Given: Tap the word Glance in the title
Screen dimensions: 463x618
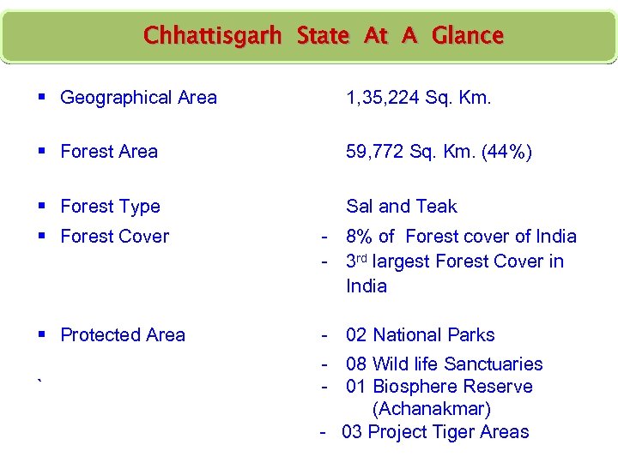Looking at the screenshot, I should pyautogui.click(x=467, y=36).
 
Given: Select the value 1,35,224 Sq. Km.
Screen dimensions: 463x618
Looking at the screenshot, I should pyautogui.click(x=418, y=98).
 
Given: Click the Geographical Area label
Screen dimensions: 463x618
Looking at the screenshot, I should pyautogui.click(x=138, y=98).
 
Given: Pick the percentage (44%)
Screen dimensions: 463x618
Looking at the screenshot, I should pyautogui.click(x=506, y=153).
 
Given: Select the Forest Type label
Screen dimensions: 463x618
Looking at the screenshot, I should pyautogui.click(x=110, y=207).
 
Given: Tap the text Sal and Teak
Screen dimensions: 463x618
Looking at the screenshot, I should pyautogui.click(x=401, y=207).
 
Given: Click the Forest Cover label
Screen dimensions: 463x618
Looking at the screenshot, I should pyautogui.click(x=114, y=237).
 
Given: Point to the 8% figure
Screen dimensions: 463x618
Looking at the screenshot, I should pyautogui.click(x=360, y=237).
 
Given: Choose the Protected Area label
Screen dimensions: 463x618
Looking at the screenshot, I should pyautogui.click(x=123, y=335).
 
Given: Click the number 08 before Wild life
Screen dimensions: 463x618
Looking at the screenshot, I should pyautogui.click(x=356, y=364).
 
